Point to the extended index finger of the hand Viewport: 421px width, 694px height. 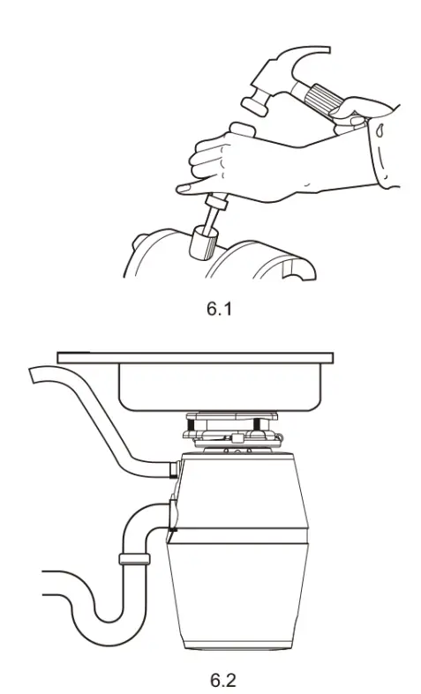[190, 186]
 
